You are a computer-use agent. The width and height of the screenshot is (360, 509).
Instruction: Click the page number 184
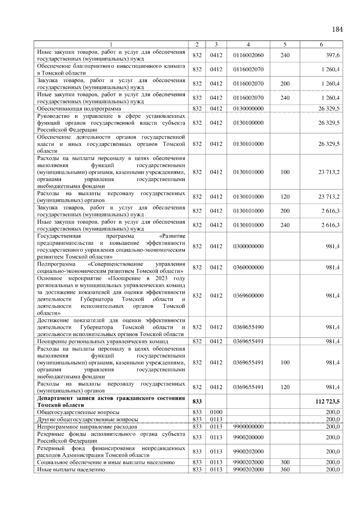(337, 29)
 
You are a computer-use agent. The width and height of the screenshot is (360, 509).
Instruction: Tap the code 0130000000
(248, 109)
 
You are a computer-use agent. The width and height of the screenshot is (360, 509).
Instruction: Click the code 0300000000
(248, 246)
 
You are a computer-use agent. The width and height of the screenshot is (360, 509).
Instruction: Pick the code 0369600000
(248, 296)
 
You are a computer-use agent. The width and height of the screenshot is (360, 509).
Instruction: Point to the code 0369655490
(248, 327)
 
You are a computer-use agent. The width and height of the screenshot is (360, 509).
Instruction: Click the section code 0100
(216, 412)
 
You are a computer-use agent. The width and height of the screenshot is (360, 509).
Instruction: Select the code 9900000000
(248, 427)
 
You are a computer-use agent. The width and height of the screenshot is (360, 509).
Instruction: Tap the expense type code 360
(285, 469)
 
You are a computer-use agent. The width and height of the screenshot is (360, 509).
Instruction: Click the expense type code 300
(285, 462)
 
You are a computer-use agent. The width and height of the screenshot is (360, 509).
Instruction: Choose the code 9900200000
(248, 437)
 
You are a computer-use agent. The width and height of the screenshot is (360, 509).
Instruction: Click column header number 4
(248, 45)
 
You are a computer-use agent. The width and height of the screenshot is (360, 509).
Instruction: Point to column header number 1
(111, 45)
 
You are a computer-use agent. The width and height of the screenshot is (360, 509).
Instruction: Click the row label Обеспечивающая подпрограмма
(79, 109)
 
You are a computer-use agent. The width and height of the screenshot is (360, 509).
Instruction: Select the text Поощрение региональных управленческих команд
(103, 341)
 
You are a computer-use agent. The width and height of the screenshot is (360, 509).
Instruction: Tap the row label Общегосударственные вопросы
(78, 412)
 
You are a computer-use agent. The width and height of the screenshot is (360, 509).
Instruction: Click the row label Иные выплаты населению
(71, 470)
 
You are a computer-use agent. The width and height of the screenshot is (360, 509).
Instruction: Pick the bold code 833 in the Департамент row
(197, 401)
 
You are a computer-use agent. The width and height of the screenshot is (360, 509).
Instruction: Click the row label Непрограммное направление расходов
(87, 427)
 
